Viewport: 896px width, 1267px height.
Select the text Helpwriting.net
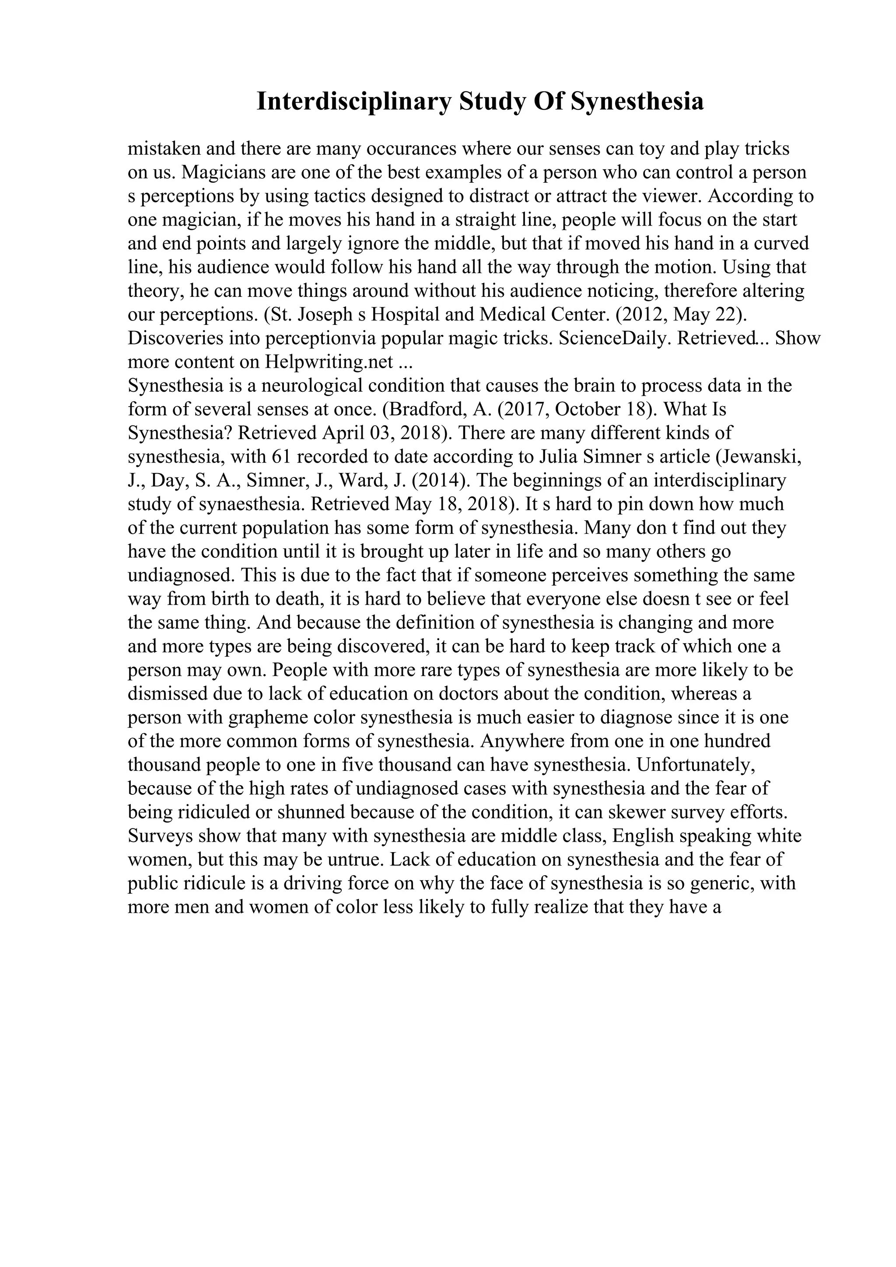[x=329, y=362]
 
